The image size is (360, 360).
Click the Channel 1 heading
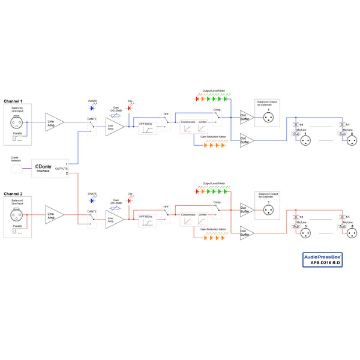13,101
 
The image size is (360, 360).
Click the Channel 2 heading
13,194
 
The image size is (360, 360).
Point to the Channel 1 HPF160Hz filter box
147,127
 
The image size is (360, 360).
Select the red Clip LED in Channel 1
130,108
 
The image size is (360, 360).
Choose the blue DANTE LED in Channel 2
92,201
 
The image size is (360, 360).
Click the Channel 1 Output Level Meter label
214,91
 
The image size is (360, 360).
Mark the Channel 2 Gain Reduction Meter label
214,229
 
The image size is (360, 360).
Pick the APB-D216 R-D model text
326,262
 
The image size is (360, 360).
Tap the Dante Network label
17,160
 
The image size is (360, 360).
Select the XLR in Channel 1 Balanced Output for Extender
268,118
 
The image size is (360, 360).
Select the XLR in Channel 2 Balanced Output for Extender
268,211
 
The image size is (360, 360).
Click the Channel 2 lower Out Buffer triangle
247,233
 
